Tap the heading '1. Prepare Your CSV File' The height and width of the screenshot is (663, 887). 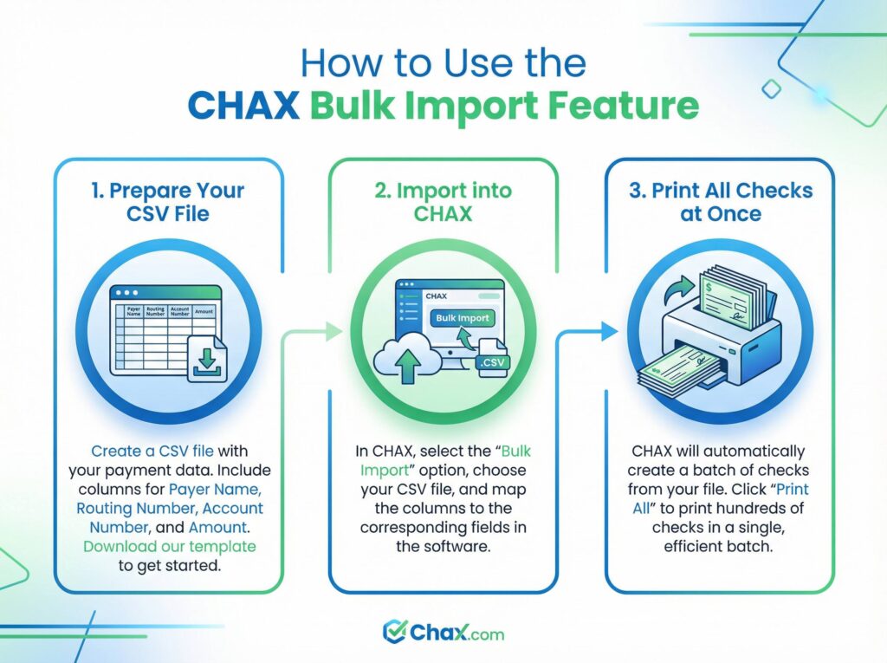168,201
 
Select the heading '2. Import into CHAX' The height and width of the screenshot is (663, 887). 443,201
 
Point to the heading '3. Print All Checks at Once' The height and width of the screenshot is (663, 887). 720,201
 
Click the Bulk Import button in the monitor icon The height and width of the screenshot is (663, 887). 462,318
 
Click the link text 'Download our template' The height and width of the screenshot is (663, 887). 169,546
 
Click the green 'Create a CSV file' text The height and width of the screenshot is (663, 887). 152,451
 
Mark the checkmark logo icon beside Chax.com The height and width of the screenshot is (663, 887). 395,632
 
